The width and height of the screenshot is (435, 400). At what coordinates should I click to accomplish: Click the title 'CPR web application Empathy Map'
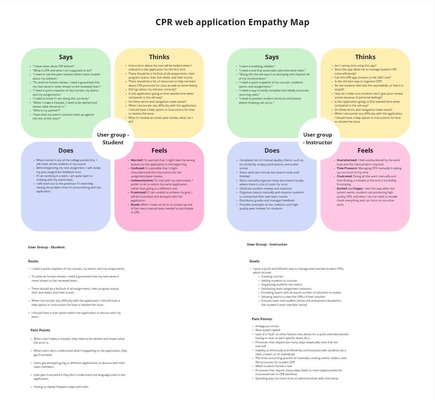click(232, 22)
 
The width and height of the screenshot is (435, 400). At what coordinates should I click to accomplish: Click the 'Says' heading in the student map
click(66, 57)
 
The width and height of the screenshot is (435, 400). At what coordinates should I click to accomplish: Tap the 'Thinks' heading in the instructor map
click(365, 57)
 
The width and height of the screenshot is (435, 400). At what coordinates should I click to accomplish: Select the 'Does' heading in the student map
click(66, 151)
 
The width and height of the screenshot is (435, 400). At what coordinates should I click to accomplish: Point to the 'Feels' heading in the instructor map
click(365, 151)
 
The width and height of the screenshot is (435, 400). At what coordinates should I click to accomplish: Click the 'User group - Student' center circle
click(113, 139)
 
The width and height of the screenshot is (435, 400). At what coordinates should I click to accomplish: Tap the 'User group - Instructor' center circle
click(318, 139)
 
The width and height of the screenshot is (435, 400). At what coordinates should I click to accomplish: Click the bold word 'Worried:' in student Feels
click(137, 160)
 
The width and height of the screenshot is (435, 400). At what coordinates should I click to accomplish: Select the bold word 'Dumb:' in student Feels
click(135, 205)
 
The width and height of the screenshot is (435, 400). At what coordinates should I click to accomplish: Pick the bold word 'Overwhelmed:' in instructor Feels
click(347, 160)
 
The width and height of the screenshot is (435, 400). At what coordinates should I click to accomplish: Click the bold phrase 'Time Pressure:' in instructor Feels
click(347, 168)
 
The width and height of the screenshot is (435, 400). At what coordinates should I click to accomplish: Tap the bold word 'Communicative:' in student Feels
click(142, 180)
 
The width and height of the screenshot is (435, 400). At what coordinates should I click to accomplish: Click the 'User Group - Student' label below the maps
click(46, 247)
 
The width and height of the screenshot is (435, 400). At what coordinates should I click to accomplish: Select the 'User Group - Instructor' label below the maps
click(267, 244)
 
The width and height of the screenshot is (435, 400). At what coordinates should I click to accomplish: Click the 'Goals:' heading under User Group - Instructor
click(254, 261)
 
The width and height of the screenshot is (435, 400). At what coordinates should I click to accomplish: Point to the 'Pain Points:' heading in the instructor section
click(262, 319)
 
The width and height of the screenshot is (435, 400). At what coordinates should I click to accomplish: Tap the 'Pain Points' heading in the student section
click(40, 330)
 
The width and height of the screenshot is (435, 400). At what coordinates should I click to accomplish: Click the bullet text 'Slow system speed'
click(268, 330)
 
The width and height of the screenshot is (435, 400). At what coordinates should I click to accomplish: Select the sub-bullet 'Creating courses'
click(272, 277)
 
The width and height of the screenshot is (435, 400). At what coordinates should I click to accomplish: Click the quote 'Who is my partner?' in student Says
click(47, 111)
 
